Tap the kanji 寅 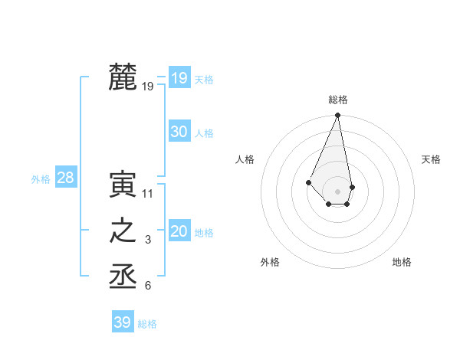point(123,185)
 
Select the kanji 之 point(123,231)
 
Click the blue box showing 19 point(179,77)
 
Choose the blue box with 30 point(179,132)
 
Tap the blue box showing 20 point(179,231)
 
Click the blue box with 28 point(65,178)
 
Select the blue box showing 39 point(123,322)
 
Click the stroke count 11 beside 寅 point(148,194)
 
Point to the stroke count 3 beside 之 point(148,241)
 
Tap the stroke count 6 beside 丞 point(148,286)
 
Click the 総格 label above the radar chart point(338,100)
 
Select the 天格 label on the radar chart point(431,159)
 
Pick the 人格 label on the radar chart point(245,159)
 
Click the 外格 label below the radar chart point(270,262)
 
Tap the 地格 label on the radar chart point(402,262)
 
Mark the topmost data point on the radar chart point(337,116)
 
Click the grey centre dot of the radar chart point(337,191)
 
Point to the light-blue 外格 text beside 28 point(41,179)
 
